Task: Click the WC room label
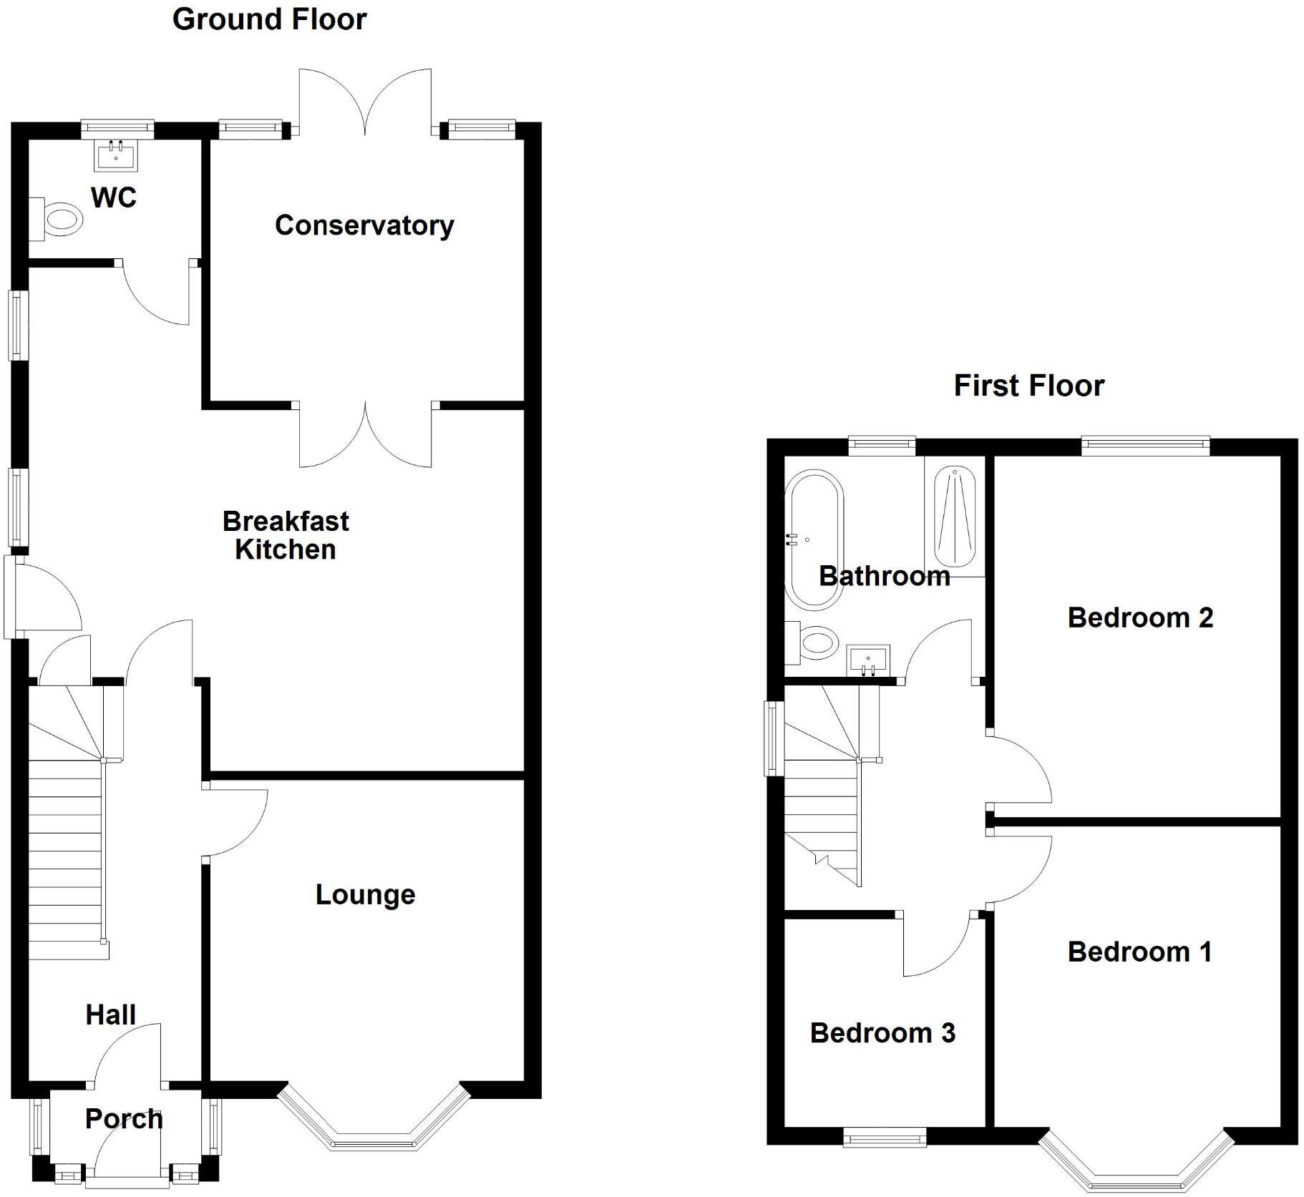point(114,197)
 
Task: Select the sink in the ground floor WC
point(115,157)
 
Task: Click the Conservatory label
point(364,225)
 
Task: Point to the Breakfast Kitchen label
point(286,535)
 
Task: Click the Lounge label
point(365,894)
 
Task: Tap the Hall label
point(110,1015)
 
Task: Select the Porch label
point(124,1118)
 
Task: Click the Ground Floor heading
point(269,19)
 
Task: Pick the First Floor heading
point(1028,386)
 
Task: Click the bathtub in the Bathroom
point(814,539)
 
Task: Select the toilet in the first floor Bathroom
point(814,642)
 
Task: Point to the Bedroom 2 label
point(1140,617)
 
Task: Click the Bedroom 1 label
point(1139,952)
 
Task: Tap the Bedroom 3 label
point(882,1032)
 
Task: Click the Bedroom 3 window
point(885,1137)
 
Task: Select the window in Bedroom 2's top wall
point(1145,446)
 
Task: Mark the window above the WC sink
point(117,130)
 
